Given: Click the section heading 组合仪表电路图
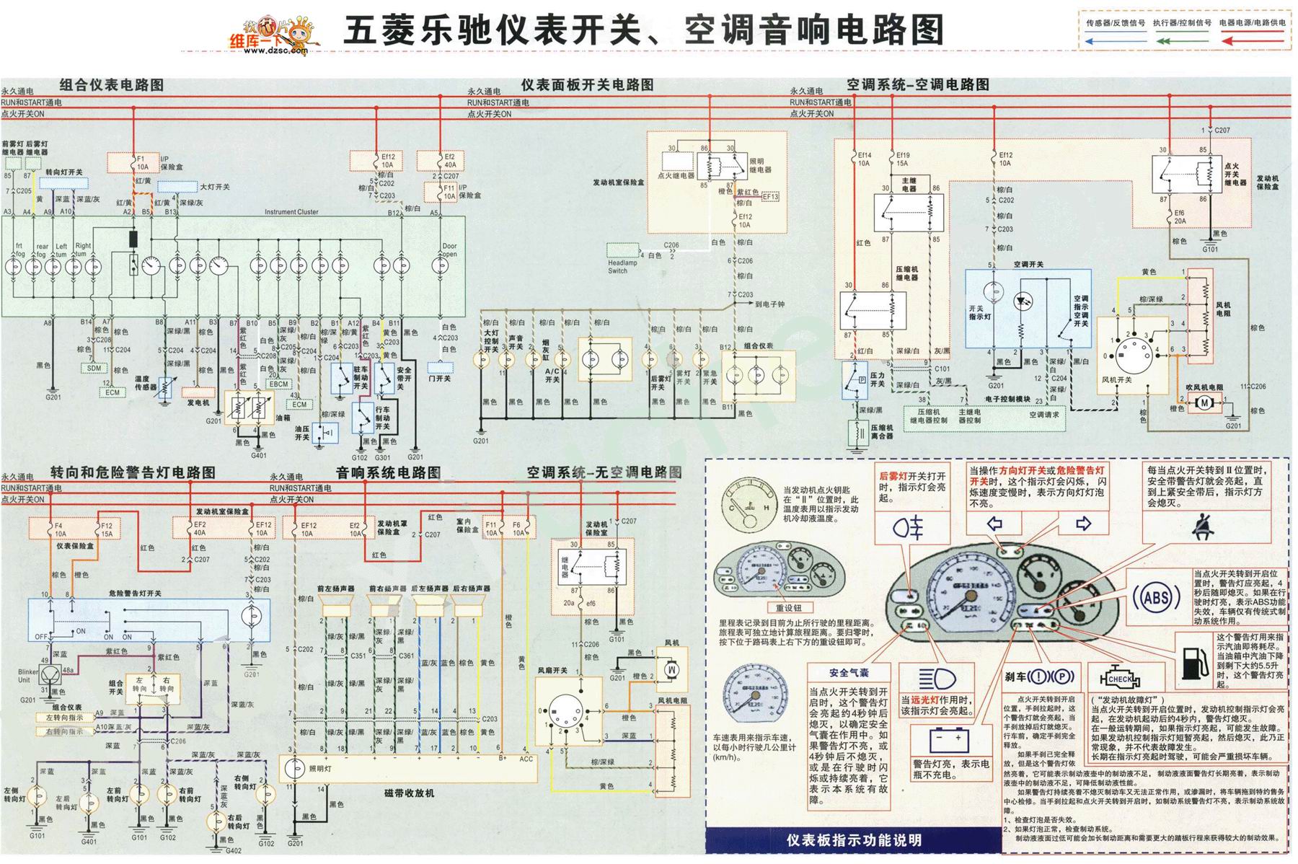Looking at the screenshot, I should coord(112,85).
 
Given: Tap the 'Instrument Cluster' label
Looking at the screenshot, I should coord(291,212).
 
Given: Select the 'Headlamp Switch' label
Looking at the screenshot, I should coord(622,267).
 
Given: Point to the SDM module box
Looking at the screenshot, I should coord(94,369).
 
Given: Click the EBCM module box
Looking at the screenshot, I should coord(279,384).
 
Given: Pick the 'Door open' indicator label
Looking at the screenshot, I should coord(449,250).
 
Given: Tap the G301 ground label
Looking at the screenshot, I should coord(382,457).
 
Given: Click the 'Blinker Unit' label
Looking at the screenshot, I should coord(29,676).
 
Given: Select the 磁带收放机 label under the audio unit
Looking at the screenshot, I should coord(410,793).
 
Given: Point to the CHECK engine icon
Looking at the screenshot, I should coord(1120,679).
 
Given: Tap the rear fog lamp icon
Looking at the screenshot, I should coord(908,529).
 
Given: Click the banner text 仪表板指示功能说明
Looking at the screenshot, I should coord(855,840).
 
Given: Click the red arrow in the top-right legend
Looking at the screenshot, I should coord(1255,41).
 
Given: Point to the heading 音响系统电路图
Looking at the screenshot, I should coord(388,473).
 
